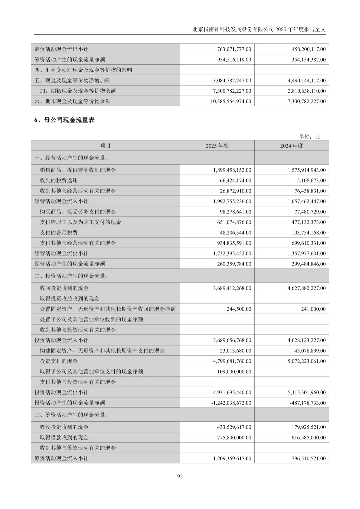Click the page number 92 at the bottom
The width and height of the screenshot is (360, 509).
coord(180,476)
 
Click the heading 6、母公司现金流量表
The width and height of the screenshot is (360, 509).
coord(65,120)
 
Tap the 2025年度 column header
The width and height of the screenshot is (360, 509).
coord(217,146)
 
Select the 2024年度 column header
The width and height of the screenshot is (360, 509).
coord(292,146)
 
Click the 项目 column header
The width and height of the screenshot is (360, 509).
coord(105,146)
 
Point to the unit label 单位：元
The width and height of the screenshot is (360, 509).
coord(309,137)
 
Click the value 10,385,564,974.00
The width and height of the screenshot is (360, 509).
coord(231,101)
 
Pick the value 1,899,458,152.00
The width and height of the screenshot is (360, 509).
coord(232,170)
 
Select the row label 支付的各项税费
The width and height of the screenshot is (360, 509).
coord(59,233)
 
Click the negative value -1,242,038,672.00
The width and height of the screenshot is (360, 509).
coord(231,403)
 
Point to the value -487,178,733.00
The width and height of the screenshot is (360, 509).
coord(308,403)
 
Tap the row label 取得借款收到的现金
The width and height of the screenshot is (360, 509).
coord(64,437)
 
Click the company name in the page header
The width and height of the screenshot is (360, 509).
coord(233,29)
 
